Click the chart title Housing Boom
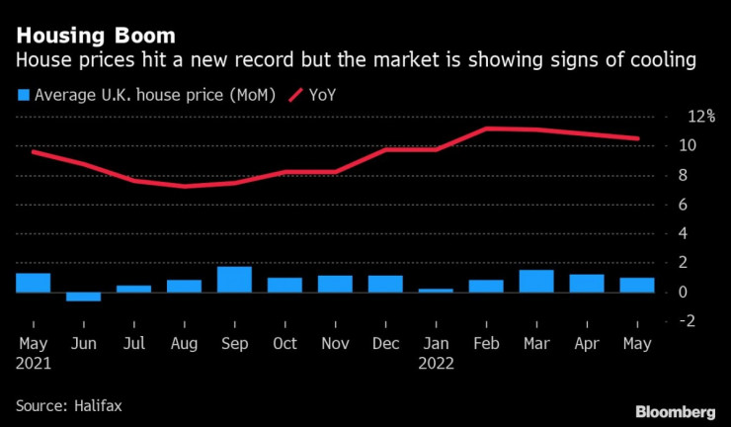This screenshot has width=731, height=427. [x=96, y=36]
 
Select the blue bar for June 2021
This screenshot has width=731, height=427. [x=83, y=297]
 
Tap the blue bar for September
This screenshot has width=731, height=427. [x=234, y=280]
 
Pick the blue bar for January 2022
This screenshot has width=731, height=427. [x=435, y=290]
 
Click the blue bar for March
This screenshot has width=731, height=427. [x=535, y=281]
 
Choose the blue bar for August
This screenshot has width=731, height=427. [x=184, y=286]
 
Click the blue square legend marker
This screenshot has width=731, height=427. [x=23, y=95]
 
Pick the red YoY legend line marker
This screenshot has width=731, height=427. [x=295, y=95]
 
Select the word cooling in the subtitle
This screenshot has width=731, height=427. [x=668, y=61]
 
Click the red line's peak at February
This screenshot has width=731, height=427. [x=485, y=128]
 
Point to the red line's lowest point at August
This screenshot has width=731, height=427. [x=184, y=186]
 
